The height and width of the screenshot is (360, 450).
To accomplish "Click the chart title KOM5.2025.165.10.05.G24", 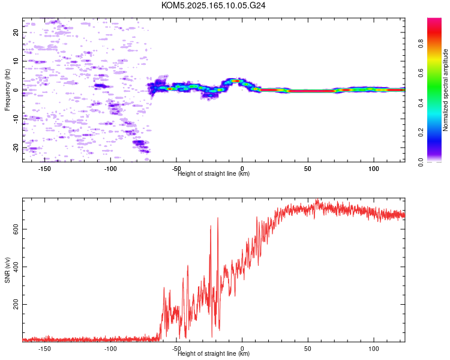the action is coord(213,5).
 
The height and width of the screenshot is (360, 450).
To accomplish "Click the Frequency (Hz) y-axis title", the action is coord(7,90).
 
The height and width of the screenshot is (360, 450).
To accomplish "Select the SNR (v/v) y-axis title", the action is coord(7,270).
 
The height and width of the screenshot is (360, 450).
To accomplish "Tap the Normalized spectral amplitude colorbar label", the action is coord(445,90).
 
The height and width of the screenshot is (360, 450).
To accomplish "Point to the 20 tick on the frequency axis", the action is coord(16,32).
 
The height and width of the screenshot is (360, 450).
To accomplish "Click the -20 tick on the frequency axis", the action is coord(16,148).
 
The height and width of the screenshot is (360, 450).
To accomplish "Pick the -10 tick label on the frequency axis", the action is coord(16,119).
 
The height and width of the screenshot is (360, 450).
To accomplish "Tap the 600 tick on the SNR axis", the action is coord(16,229).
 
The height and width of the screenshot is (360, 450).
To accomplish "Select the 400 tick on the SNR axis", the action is coord(16,266).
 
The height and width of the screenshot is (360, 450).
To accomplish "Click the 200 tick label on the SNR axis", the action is coord(16,304).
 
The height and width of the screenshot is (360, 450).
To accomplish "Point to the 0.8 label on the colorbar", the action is coord(421,44).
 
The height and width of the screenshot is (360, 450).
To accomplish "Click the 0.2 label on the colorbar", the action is coord(421,133).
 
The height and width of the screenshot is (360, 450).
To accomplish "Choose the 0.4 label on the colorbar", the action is coord(421,103).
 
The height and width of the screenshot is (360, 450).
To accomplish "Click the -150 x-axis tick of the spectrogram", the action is coord(44,169).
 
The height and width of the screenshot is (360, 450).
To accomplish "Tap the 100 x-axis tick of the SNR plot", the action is coord(374,349).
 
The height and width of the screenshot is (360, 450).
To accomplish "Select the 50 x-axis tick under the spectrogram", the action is coord(308,169).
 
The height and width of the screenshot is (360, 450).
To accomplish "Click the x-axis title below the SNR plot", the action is coord(214,353).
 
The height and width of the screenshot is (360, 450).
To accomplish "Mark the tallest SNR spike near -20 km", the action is coord(218,218).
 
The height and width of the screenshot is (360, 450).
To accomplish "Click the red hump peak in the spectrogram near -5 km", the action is coord(236,81).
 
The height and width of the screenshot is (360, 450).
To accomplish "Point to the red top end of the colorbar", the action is coord(434,19).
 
